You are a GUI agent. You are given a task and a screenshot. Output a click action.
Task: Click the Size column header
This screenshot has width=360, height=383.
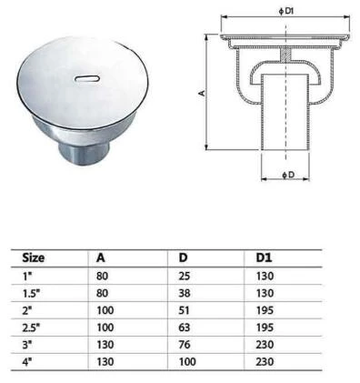point(34,258)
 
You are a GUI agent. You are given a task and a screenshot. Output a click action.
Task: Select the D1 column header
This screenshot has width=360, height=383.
point(265,258)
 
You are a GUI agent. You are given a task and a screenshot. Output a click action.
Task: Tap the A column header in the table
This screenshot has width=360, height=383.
point(100,258)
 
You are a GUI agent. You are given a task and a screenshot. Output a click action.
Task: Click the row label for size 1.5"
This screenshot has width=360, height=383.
point(32,293)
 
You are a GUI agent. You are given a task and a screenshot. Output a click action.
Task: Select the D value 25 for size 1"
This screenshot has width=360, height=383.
point(184,276)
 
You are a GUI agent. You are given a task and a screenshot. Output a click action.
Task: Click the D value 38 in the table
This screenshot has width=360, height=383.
point(184,293)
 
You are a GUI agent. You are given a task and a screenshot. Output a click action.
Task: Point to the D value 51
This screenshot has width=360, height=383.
point(184,310)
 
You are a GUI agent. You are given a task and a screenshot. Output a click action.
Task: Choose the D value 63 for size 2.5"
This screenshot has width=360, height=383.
point(184,328)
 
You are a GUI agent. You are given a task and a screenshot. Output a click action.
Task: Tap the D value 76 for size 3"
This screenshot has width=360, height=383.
point(184,344)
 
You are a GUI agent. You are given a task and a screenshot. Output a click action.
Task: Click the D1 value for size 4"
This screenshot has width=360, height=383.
point(266,361)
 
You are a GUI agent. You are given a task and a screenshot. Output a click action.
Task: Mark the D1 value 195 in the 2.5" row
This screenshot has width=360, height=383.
point(266,328)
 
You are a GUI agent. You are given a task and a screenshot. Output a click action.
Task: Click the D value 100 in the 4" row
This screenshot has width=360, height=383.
point(186,361)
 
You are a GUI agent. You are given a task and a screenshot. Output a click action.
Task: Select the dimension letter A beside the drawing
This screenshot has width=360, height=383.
point(202,92)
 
